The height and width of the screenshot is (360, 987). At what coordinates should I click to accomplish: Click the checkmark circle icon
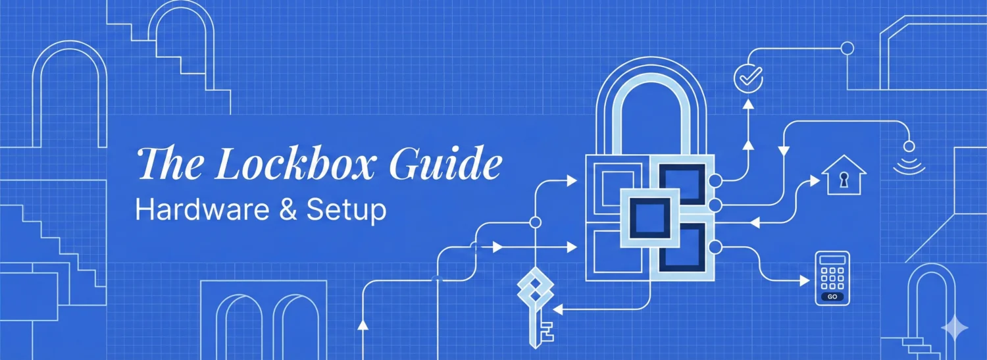pyautogui.click(x=748, y=78)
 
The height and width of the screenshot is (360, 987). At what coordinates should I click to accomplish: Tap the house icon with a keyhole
pyautogui.click(x=844, y=175)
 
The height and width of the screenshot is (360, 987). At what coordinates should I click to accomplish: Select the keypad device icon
pyautogui.click(x=832, y=278)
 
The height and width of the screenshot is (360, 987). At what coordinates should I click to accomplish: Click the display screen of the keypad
pyautogui.click(x=832, y=260)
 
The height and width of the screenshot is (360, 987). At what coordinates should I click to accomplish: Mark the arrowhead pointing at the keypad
pyautogui.click(x=804, y=280)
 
